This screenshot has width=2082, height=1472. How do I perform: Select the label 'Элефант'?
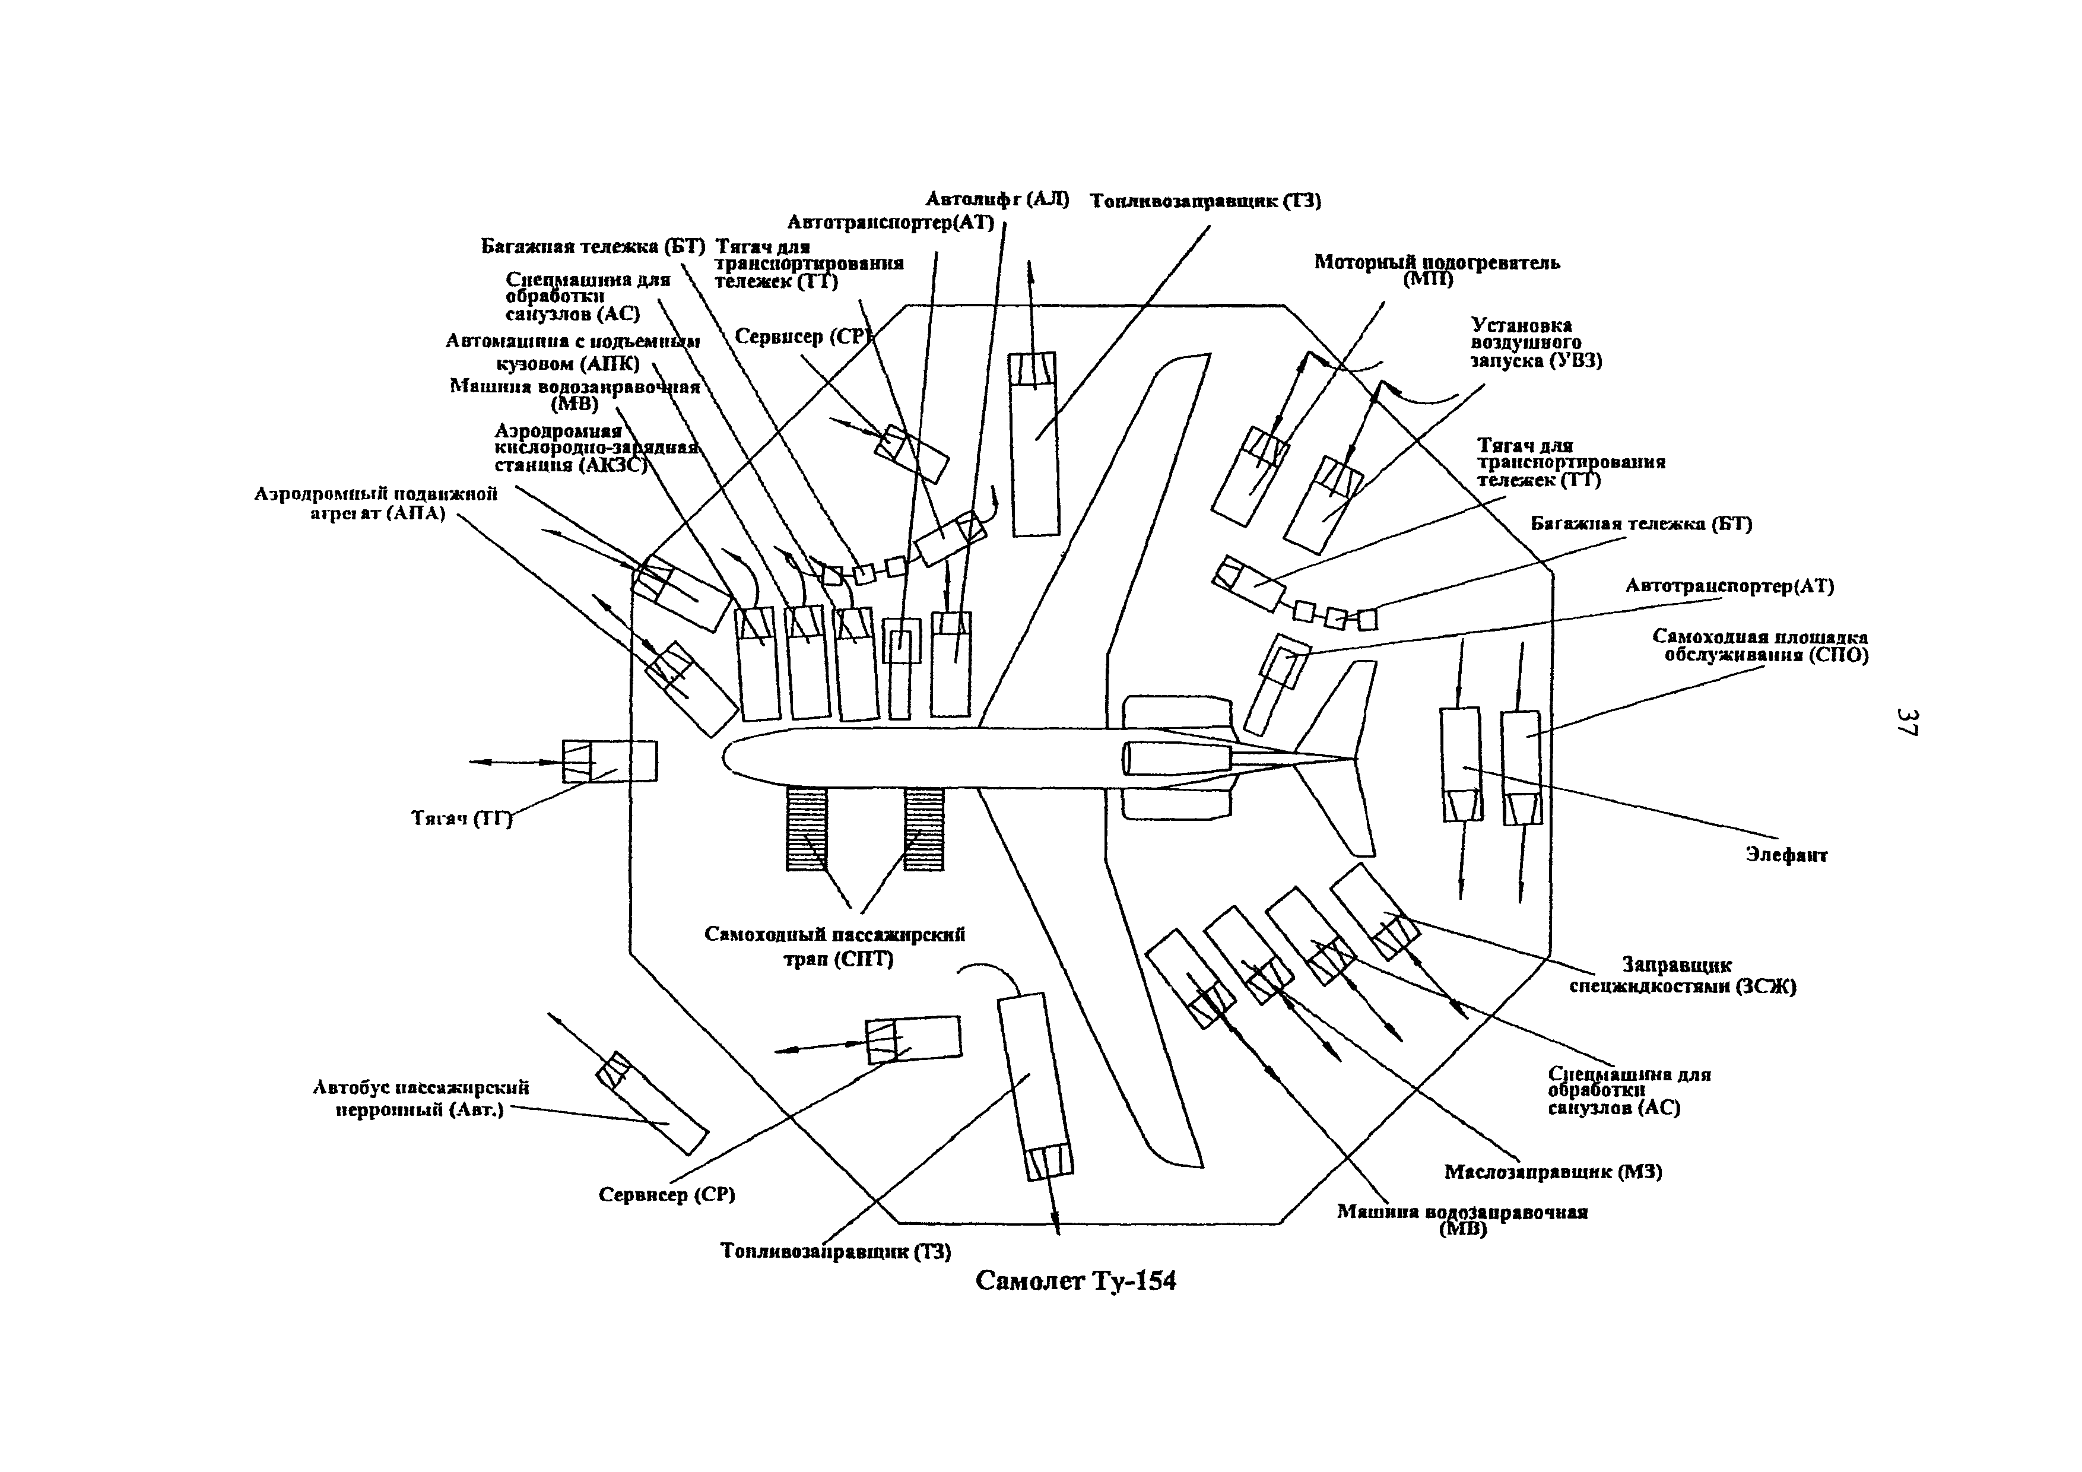point(1786,854)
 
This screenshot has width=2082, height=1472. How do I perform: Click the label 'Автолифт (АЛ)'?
point(996,199)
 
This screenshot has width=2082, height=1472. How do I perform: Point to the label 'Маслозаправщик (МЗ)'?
point(1553,1172)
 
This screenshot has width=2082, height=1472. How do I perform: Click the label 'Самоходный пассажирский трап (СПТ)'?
point(835,946)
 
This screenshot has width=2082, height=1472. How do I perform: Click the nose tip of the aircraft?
point(725,756)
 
